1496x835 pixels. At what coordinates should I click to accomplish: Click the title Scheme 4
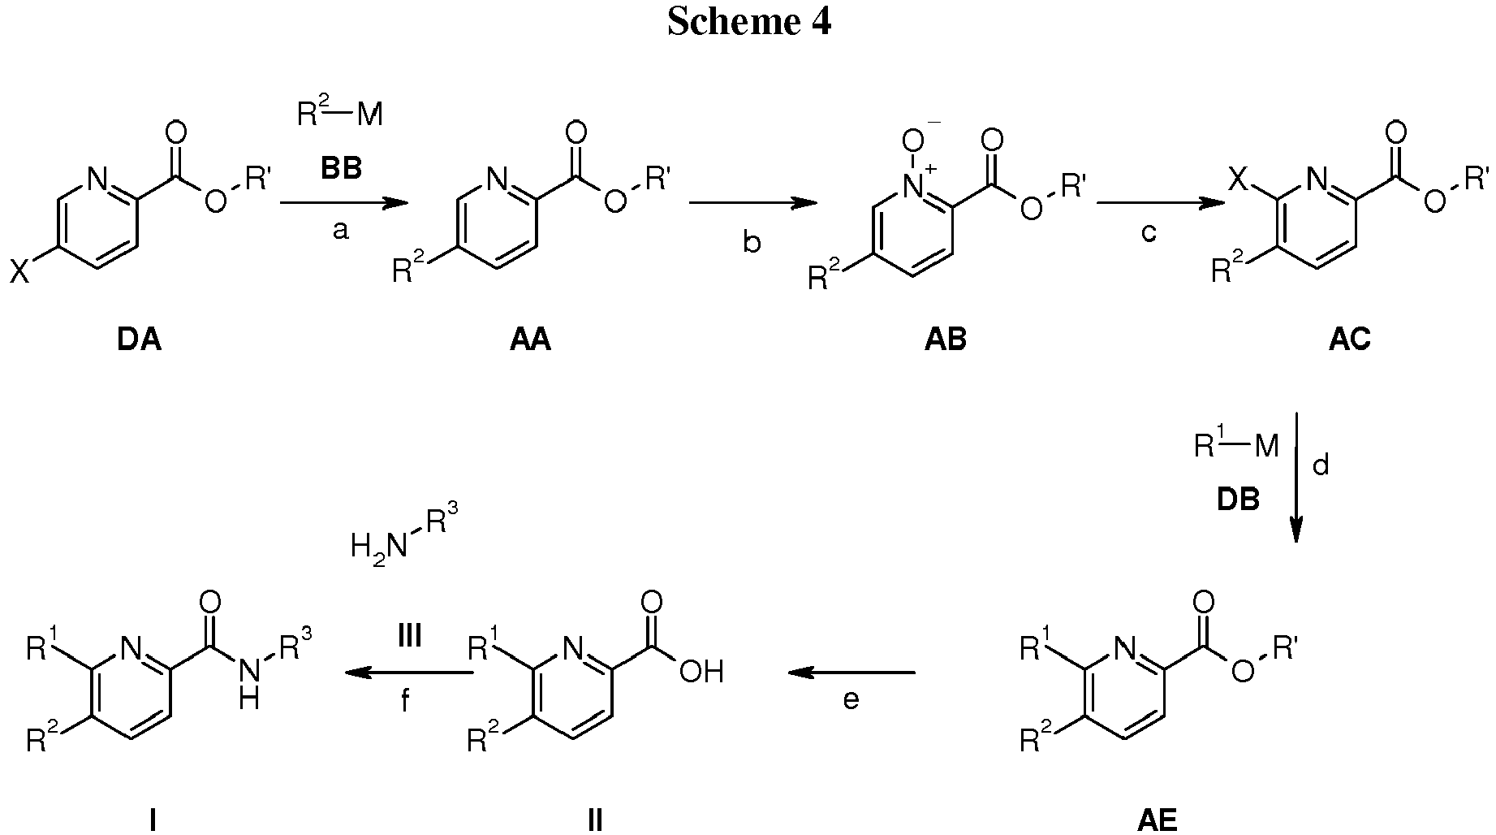[x=748, y=22]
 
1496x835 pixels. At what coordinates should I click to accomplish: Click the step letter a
[x=341, y=231]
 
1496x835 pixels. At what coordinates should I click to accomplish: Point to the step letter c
[x=1148, y=232]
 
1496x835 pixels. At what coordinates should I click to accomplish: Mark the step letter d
[x=1321, y=465]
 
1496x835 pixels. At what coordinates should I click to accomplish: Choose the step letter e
[x=851, y=699]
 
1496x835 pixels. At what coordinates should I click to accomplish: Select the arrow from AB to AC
[x=1160, y=204]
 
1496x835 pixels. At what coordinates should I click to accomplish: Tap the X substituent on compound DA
[x=19, y=272]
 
